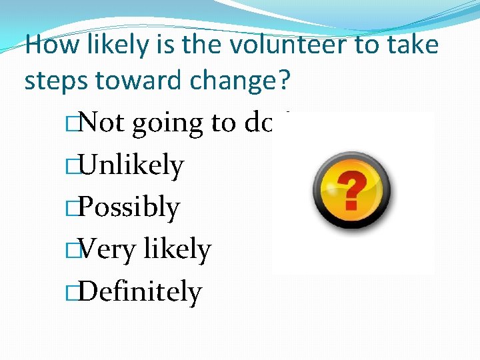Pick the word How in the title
[44, 46]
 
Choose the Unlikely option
[131, 165]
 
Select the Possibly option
[129, 208]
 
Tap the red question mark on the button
[353, 189]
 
